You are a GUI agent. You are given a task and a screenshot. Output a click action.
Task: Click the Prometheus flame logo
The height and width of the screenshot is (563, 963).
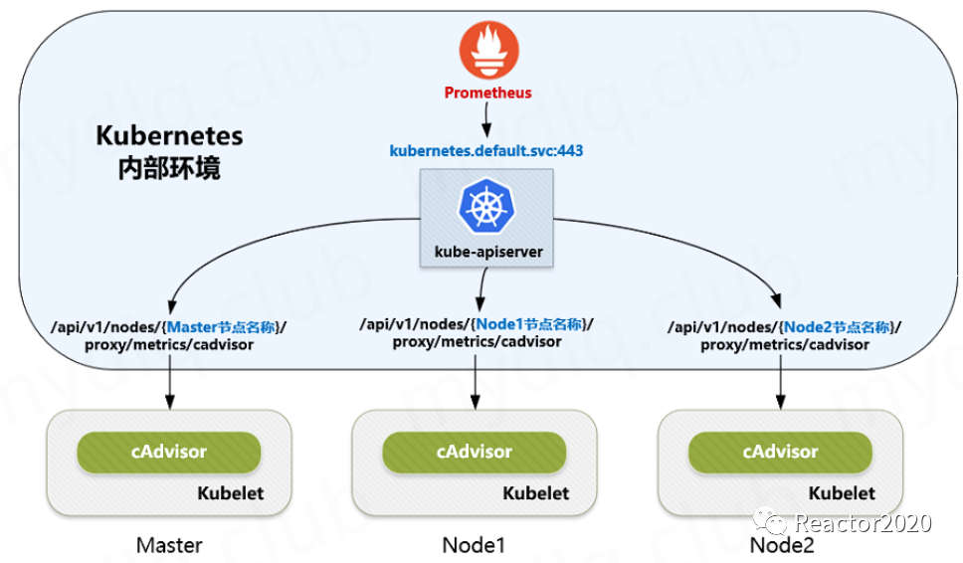tap(488, 51)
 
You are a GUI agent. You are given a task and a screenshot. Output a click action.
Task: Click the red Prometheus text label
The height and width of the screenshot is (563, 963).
tap(488, 93)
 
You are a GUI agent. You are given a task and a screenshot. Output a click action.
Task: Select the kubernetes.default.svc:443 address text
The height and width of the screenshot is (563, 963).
tap(486, 151)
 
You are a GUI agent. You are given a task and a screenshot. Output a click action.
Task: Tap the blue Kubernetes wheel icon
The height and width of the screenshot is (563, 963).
tap(486, 206)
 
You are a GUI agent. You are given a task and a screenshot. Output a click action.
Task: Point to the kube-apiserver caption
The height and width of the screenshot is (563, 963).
tap(488, 252)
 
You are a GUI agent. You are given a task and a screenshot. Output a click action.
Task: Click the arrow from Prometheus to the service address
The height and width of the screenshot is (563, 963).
tap(486, 119)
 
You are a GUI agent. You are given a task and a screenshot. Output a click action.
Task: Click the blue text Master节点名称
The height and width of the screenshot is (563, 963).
tap(221, 327)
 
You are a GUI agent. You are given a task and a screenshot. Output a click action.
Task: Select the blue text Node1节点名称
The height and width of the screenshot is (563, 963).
tap(529, 324)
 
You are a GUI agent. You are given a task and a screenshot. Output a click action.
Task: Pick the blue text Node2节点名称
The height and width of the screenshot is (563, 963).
tap(837, 327)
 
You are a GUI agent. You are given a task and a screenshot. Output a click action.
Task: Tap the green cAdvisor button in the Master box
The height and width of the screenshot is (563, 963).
tap(169, 452)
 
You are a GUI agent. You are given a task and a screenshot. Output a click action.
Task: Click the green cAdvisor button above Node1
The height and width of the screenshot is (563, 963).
tap(475, 452)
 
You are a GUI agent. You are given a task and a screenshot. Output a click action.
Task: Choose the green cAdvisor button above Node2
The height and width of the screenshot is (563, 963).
tap(781, 452)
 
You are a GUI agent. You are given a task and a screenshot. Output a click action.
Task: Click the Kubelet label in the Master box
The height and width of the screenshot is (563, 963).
tap(231, 493)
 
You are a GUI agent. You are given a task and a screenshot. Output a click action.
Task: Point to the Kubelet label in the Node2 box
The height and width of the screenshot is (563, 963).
tap(842, 493)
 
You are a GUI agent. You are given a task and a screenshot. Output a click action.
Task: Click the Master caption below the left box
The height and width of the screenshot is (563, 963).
tap(169, 545)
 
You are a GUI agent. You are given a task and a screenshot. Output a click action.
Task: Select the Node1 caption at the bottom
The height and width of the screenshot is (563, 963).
tap(474, 545)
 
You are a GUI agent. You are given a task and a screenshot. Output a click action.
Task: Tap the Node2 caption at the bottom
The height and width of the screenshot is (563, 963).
tap(782, 545)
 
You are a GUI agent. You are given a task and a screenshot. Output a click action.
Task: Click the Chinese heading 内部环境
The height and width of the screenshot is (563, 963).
tap(169, 168)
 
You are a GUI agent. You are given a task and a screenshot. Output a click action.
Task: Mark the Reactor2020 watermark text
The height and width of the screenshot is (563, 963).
tap(863, 523)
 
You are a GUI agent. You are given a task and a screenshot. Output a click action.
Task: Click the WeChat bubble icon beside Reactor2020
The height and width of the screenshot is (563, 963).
tap(770, 521)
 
